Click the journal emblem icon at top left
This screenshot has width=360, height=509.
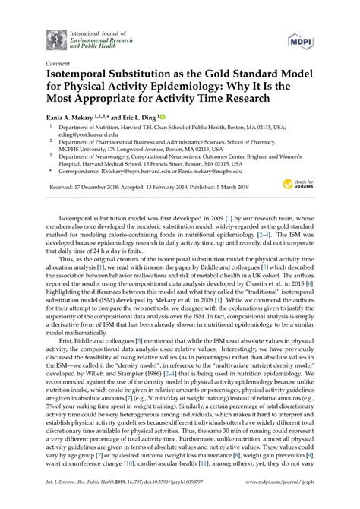coord(56,39)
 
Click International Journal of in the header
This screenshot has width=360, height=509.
coord(93,29)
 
